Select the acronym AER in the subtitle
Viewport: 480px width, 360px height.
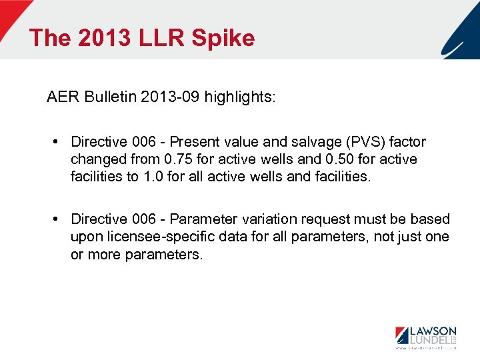pyautogui.click(x=63, y=97)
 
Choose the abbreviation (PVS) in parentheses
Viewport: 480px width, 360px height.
pyautogui.click(x=364, y=142)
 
